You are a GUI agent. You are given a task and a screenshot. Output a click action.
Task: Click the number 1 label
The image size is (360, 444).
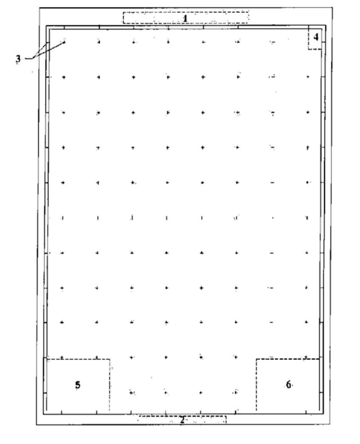coord(185,18)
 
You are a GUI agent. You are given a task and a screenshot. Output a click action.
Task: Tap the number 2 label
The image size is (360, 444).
coord(183,420)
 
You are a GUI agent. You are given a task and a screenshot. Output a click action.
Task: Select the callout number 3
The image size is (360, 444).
coord(18,59)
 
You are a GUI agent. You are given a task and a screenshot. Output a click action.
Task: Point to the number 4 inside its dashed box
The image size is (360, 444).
coord(316,37)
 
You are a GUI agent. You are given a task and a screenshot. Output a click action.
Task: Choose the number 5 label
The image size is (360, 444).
coord(77,385)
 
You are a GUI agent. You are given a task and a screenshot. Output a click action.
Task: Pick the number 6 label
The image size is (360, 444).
coord(288,384)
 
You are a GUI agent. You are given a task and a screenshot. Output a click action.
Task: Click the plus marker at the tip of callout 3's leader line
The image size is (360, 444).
coord(64,42)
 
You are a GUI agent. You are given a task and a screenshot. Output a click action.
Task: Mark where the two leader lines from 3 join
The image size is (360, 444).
coord(32,58)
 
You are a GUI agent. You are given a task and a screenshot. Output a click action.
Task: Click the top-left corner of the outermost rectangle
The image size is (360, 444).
coord(39,8)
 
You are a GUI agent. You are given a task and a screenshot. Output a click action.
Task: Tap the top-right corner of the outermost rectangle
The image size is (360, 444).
coord(332,8)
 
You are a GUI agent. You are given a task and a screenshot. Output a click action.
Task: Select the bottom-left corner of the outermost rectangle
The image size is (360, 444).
coord(36,425)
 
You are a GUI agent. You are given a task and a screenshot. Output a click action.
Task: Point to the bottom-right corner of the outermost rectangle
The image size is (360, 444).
coord(330,425)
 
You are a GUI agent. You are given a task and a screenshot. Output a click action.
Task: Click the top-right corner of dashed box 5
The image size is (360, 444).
coord(110,359)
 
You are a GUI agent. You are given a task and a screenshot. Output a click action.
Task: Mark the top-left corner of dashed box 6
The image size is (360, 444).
coord(256,359)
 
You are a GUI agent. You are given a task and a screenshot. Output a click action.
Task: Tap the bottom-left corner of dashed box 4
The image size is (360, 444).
coord(308,50)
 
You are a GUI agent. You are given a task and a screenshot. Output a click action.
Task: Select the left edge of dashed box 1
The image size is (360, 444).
coord(123,18)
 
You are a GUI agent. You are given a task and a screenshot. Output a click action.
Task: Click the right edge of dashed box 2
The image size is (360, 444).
coord(226,419)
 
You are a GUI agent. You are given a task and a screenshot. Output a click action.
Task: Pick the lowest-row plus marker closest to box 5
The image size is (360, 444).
coord(132,392)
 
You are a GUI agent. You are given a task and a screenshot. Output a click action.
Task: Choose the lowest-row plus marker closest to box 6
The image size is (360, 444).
coord(235,392)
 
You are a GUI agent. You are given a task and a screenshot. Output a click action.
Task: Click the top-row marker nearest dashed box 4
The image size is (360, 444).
coord(273,43)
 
